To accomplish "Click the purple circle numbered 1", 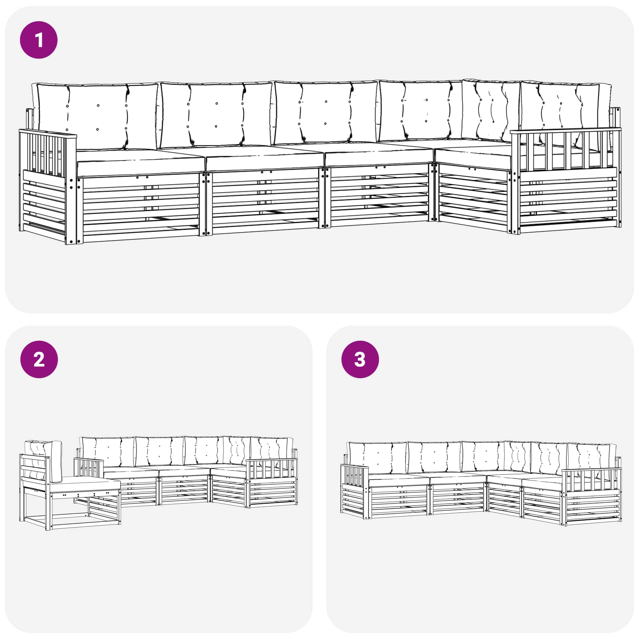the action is [x=39, y=40].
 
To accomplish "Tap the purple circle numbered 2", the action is [x=39, y=359].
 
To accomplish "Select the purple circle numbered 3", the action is [x=360, y=359].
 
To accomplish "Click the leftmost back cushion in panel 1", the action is [x=96, y=116].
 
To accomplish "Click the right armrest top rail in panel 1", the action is [x=566, y=131].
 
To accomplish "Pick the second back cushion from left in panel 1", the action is [x=216, y=115].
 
